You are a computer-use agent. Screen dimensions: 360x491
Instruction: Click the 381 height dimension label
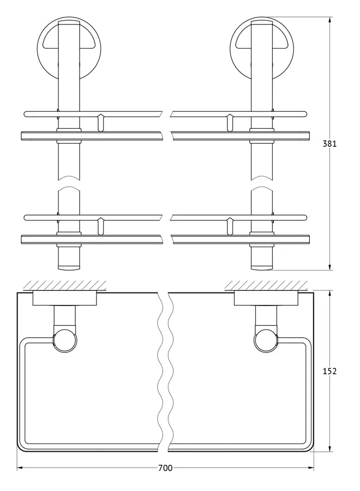click(329, 143)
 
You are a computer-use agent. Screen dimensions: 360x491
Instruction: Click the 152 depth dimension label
click(329, 372)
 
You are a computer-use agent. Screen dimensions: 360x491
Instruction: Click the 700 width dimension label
click(165, 468)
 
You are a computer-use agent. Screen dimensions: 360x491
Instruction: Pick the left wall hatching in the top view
click(64, 285)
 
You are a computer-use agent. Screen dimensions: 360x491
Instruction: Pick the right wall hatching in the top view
click(266, 285)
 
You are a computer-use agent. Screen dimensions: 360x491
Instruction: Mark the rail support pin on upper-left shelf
click(100, 122)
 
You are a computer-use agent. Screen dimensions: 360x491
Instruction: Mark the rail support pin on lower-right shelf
click(230, 226)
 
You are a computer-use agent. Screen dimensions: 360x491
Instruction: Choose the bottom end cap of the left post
click(69, 267)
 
